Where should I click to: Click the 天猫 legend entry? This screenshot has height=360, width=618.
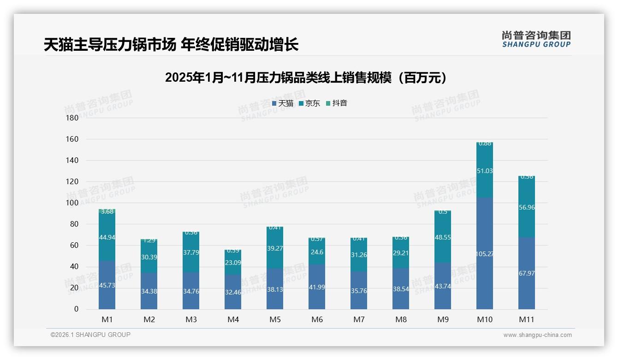coord(283,103)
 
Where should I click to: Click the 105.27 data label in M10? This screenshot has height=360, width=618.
coord(484,254)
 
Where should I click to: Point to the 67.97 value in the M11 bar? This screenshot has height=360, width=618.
coord(526,273)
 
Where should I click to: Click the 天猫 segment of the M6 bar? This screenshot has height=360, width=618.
coord(316,286)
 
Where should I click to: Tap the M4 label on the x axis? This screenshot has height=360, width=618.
coord(233,319)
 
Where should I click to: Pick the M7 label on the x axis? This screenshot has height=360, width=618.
coord(358,319)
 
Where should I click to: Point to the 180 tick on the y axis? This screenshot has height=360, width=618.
coord(72,118)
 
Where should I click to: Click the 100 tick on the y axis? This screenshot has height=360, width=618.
coord(72,203)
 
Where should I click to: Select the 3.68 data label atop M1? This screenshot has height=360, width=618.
coord(107,212)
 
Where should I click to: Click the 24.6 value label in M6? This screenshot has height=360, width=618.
coord(316,252)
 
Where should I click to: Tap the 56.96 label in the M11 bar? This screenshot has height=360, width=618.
coord(526,208)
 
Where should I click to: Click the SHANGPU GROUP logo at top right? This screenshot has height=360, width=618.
coord(536,39)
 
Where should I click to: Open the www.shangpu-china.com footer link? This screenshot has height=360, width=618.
coord(537,335)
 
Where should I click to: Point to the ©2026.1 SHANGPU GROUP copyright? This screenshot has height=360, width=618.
coord(90,335)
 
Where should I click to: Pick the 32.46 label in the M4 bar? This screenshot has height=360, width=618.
coord(233,292)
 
